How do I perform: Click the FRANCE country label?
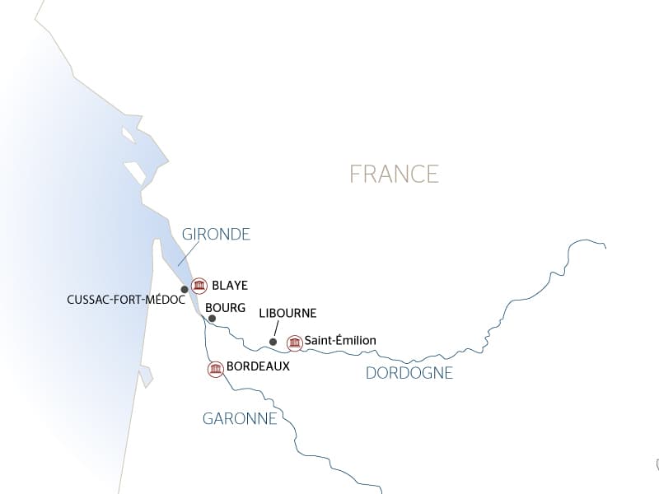pos(394,174)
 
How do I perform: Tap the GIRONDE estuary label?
pos(217,235)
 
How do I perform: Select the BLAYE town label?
pos(230,286)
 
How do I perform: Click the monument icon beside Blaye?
pos(199,286)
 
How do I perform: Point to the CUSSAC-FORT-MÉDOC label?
pos(126,300)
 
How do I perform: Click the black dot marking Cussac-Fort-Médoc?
pos(185,289)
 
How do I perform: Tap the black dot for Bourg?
pos(212,318)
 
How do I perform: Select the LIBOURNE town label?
pos(287,314)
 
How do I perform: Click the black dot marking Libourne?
pos(273,342)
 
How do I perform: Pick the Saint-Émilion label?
pos(340,340)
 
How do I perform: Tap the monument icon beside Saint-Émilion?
pos(294,343)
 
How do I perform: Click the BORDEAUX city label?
pos(258,366)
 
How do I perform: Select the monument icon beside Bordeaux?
pos(215,369)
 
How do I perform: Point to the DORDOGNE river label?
pos(409,373)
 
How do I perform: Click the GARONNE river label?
pos(240,418)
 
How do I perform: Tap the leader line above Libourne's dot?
pos(276,329)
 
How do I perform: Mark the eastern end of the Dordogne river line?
pos(605,245)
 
